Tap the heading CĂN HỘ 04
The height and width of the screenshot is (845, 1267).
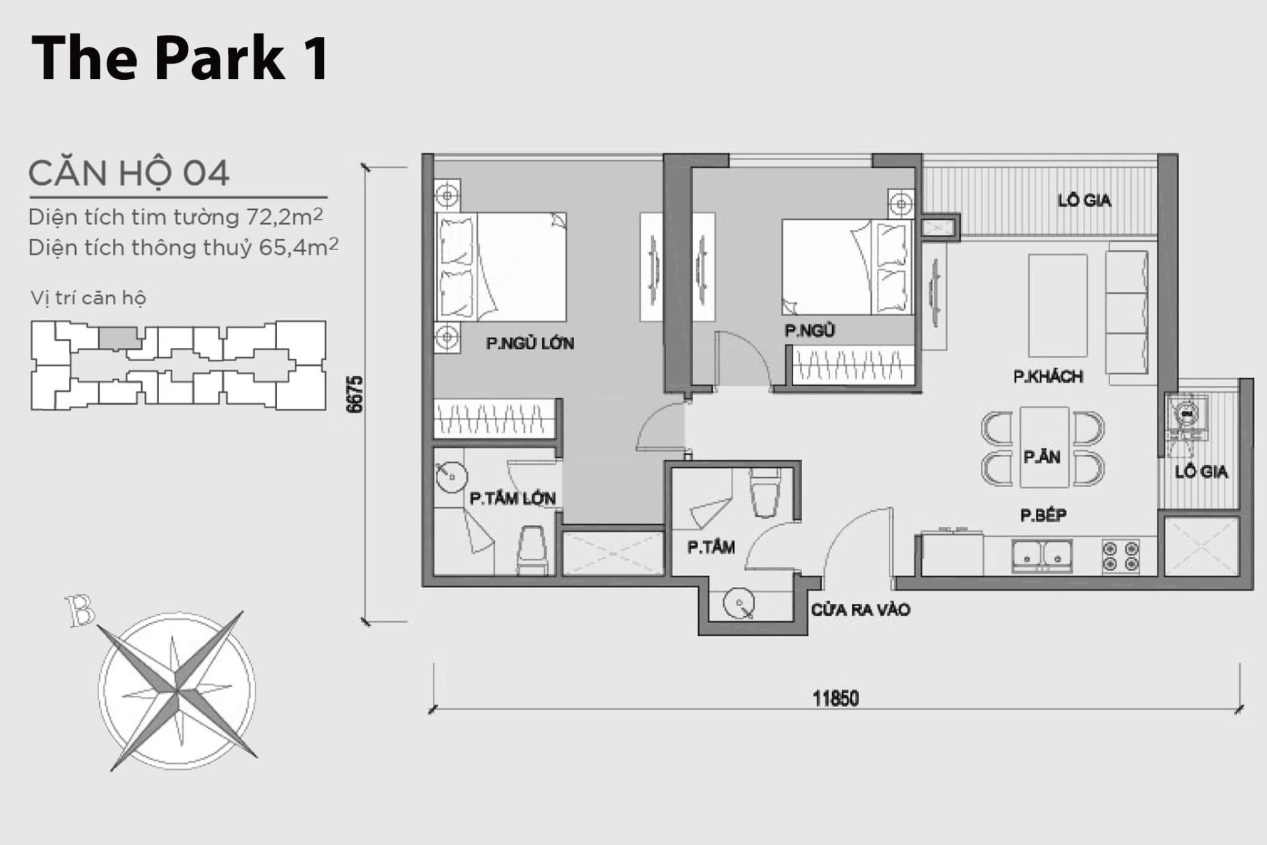pyautogui.click(x=129, y=173)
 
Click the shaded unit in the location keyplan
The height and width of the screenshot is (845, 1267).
pyautogui.click(x=119, y=338)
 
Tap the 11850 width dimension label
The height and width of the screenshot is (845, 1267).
pyautogui.click(x=835, y=698)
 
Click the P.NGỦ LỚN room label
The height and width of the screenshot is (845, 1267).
pyautogui.click(x=530, y=343)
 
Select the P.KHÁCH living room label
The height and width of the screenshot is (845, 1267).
pyautogui.click(x=1048, y=377)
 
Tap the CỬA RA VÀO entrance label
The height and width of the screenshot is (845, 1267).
pyautogui.click(x=861, y=609)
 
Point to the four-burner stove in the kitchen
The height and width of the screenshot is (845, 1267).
pyautogui.click(x=1121, y=555)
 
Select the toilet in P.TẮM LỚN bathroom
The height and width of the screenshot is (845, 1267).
pyautogui.click(x=532, y=549)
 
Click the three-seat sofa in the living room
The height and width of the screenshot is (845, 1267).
pyautogui.click(x=1127, y=312)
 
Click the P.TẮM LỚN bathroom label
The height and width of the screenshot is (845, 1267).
pyautogui.click(x=513, y=498)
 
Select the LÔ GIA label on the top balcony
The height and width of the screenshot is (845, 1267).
pyautogui.click(x=1084, y=200)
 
